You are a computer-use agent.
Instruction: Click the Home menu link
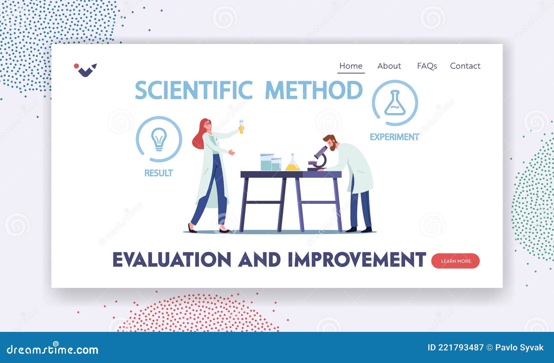(x=351, y=66)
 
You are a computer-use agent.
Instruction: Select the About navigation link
(x=389, y=66)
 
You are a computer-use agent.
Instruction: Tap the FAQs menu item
(x=427, y=66)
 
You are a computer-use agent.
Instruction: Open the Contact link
(x=465, y=66)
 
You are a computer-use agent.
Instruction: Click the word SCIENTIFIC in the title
(x=194, y=90)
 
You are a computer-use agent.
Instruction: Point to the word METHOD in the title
(x=314, y=90)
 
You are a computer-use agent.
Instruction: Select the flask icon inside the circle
(x=395, y=103)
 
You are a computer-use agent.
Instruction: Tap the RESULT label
(x=159, y=173)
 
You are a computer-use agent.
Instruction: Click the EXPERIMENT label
(x=394, y=137)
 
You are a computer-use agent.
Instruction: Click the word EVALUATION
(x=172, y=260)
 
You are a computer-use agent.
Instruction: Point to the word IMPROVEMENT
(x=357, y=260)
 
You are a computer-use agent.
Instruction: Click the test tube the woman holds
(x=241, y=127)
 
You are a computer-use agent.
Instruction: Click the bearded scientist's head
(x=330, y=142)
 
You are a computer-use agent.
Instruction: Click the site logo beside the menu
(x=85, y=69)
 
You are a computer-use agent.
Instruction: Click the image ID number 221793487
(x=461, y=347)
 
